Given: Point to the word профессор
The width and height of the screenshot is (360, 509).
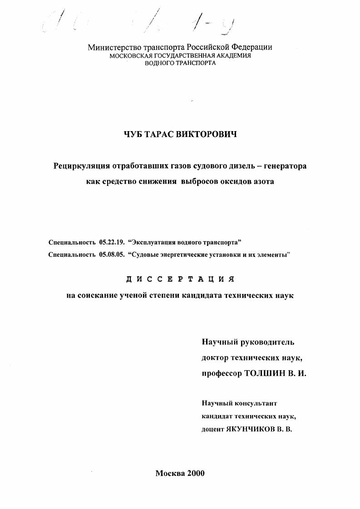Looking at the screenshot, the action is point(221,373).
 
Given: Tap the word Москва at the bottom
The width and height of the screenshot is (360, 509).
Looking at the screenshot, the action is point(170,473).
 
